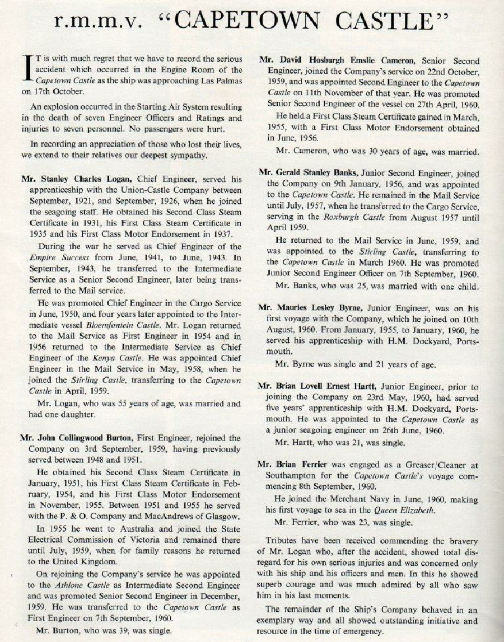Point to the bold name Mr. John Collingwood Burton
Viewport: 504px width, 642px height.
(83, 438)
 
